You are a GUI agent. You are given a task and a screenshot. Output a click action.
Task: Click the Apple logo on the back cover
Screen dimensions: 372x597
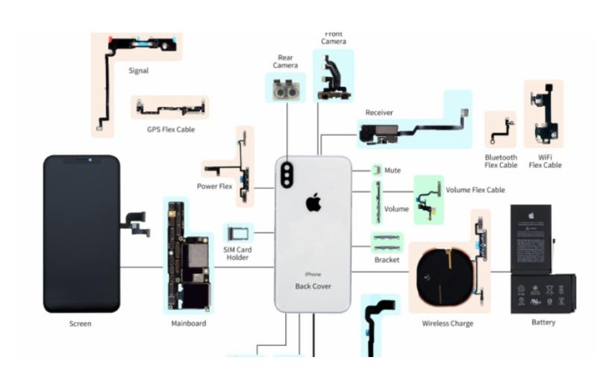(313, 202)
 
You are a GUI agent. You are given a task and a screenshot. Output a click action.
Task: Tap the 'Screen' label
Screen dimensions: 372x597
(81, 324)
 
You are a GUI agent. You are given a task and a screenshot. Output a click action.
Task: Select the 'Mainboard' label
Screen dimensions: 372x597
(188, 323)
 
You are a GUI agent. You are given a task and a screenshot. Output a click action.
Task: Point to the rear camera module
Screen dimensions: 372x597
(286, 90)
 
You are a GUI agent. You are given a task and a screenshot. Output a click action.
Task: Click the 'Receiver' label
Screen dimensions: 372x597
(379, 113)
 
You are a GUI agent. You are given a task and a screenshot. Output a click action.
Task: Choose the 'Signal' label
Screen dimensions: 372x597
(138, 71)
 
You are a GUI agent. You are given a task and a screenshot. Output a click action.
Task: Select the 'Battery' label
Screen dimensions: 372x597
(543, 322)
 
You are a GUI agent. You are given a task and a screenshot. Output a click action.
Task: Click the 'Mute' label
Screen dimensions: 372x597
(393, 170)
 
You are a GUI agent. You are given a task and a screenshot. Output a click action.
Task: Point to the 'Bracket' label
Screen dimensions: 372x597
(387, 260)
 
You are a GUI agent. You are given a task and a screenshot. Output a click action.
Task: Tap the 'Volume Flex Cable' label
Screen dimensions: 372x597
(475, 190)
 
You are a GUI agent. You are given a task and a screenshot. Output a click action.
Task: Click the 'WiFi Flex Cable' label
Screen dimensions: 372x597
(545, 161)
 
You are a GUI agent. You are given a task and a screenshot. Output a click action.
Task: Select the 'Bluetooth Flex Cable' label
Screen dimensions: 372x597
(501, 161)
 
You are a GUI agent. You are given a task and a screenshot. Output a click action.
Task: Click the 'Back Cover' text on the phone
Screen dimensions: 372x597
(313, 286)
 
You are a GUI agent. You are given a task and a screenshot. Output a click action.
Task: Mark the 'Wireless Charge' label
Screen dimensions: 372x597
(448, 323)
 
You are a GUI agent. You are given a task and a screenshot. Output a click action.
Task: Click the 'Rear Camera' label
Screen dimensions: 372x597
(285, 61)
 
